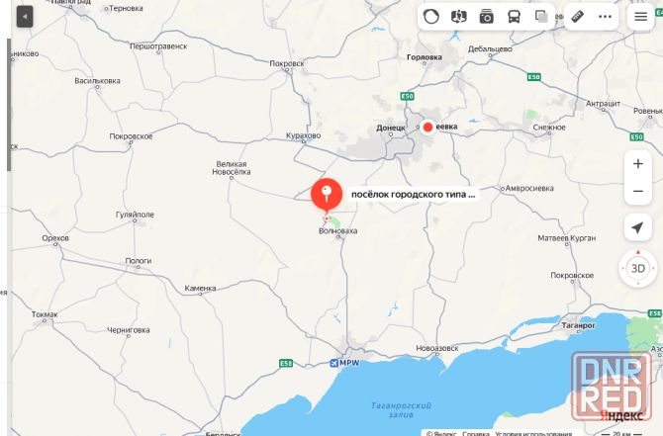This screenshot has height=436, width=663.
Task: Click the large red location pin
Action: click(x=327, y=194)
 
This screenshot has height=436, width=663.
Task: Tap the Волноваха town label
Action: click(x=337, y=230)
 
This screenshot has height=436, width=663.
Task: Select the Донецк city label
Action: click(x=392, y=128)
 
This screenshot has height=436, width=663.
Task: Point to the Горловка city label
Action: click(x=425, y=57)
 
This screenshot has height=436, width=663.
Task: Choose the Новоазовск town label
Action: click(x=438, y=348)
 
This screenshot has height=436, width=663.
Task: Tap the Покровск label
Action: click(x=286, y=63)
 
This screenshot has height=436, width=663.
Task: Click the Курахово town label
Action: click(x=303, y=134)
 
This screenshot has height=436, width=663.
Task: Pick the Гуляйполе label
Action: click(x=136, y=214)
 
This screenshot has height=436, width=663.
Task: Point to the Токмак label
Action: click(x=45, y=314)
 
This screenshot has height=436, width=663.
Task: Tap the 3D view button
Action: click(x=637, y=267)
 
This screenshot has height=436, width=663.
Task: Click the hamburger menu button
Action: click(x=641, y=17)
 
